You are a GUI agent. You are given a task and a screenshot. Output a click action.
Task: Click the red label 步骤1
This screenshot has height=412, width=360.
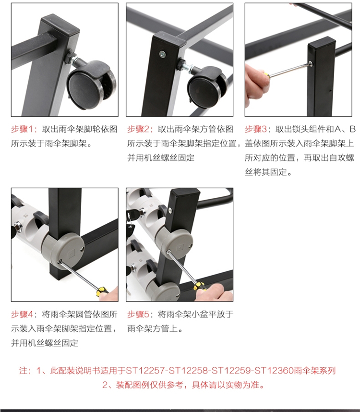[x=22, y=129]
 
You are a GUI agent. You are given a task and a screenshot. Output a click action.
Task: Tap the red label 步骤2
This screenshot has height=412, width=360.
[x=138, y=129]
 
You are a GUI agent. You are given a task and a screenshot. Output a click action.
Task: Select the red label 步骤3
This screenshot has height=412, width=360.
[x=256, y=129]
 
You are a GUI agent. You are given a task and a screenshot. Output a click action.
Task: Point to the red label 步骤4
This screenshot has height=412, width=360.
[x=22, y=314]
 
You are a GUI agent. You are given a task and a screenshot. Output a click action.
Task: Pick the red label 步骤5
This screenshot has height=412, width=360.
[x=138, y=314]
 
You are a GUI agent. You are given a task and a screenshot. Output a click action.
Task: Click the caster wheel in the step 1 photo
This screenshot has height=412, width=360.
[x=91, y=85]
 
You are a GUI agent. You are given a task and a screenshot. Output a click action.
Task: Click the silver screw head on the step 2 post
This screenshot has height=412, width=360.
[x=163, y=55]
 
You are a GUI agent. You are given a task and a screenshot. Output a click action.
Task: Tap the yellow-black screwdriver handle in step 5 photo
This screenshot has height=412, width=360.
[x=199, y=286]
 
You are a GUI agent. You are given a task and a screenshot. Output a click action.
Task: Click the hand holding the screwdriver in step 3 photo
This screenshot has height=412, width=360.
[x=256, y=84]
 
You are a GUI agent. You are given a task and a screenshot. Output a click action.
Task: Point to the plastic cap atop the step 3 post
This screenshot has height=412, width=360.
[x=322, y=42]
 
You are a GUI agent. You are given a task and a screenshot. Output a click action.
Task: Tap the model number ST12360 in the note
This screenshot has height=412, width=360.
[x=274, y=371]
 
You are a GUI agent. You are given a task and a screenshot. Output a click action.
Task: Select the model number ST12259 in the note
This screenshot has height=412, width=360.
[x=231, y=371]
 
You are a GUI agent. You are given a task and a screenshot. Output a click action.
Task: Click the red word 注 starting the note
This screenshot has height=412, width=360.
[x=23, y=371]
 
